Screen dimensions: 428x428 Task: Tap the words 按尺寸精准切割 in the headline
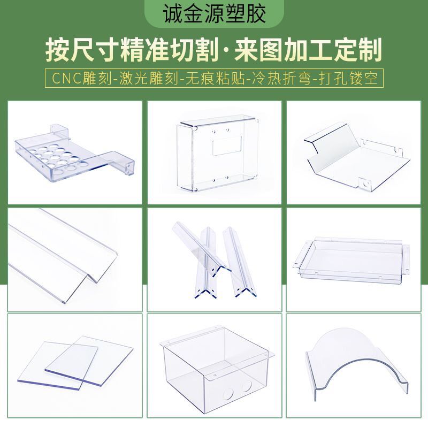(133, 50)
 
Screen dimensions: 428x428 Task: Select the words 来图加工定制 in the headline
(308, 50)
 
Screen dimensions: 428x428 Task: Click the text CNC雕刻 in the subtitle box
(82, 78)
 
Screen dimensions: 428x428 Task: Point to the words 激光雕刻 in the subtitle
(149, 78)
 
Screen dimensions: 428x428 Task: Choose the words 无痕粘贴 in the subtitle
(216, 78)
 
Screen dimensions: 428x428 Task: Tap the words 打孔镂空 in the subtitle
(348, 78)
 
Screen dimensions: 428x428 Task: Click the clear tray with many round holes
(74, 154)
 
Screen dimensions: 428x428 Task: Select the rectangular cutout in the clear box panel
(227, 146)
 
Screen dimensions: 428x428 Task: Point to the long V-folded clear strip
(62, 255)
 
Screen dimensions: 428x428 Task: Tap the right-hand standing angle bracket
(239, 262)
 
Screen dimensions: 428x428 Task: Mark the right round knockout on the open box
(247, 386)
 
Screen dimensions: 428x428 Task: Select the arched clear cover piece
(357, 363)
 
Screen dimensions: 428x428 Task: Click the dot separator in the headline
(227, 51)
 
